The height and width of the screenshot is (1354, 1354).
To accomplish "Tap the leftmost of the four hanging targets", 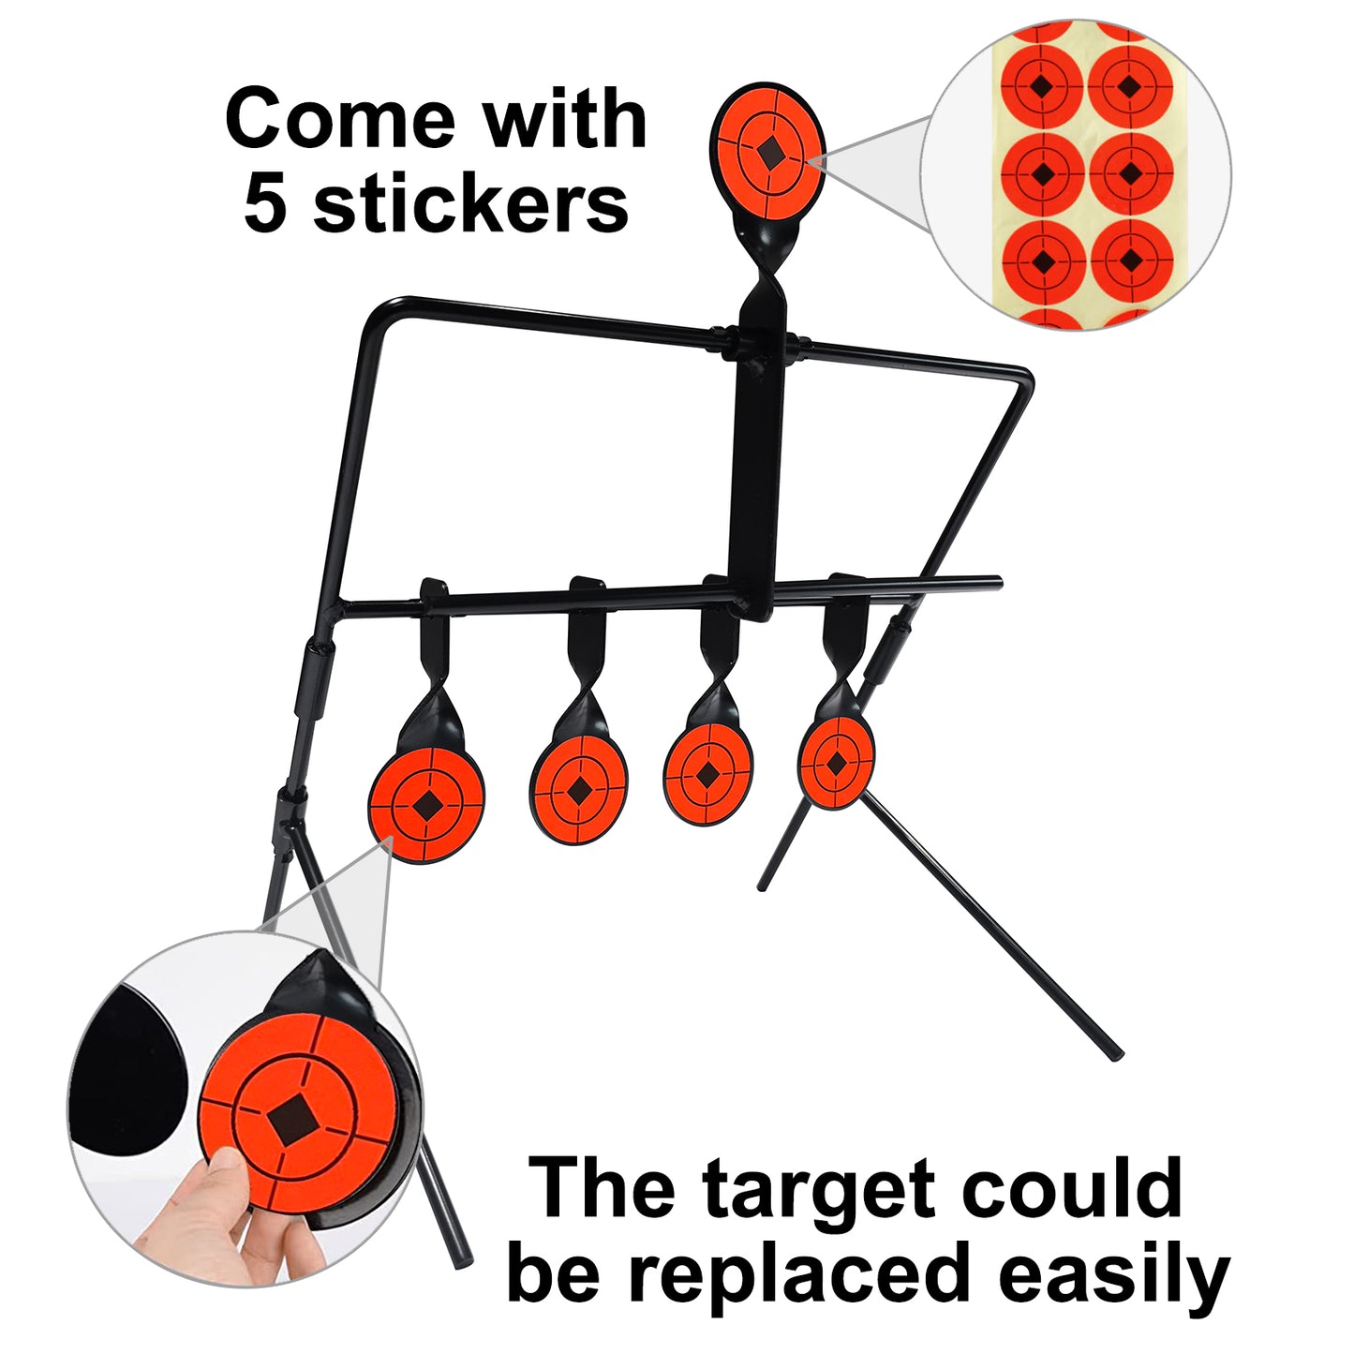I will pos(426,804).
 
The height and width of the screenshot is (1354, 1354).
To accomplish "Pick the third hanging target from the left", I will pos(707,776).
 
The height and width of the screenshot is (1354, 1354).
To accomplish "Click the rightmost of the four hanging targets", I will pos(836,763).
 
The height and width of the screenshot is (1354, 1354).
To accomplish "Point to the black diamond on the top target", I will pos(770,153).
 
